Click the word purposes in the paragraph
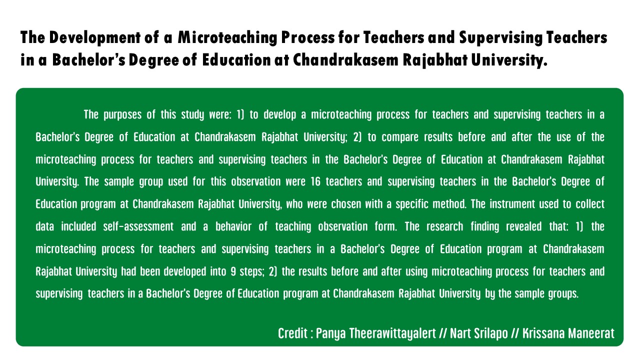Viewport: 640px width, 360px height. coord(122,114)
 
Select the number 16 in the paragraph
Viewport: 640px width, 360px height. coord(315,181)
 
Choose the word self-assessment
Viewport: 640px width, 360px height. coord(138,226)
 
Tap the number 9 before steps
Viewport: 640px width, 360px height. coord(233,271)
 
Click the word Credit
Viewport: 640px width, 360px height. coord(292,333)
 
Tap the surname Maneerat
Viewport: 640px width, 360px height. coord(592,333)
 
